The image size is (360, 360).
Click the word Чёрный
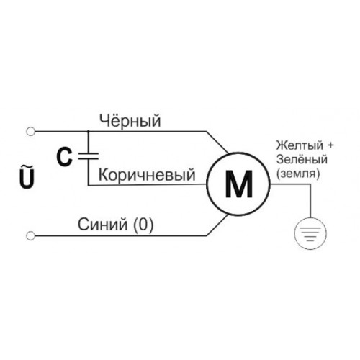130,121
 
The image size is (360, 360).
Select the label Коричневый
147,175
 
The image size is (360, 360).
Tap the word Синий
102,225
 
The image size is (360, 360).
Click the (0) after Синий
143,225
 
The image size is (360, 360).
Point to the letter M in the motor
239,184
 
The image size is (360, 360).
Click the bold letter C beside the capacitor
64,158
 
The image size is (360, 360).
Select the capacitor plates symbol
89,156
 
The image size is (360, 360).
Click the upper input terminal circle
30,132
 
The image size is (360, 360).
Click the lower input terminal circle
30,236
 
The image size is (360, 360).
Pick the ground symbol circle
310,234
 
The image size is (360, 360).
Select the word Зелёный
302,159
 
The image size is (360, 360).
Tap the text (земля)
298,174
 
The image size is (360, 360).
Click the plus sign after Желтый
330,145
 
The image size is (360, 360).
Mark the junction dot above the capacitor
89,132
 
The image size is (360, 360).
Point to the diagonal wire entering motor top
217,143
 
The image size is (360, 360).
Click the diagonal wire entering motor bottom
217,225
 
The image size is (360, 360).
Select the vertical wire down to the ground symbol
310,201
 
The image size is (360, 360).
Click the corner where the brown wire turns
89,185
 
